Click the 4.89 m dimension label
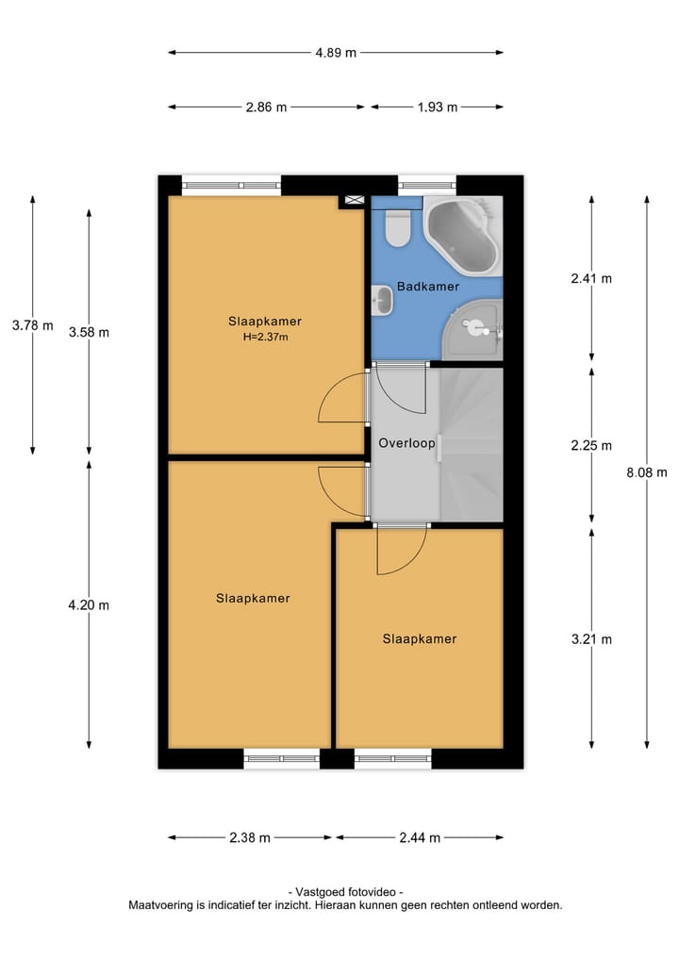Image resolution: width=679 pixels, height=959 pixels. pyautogui.click(x=336, y=53)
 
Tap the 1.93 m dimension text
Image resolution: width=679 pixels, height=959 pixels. pyautogui.click(x=437, y=107)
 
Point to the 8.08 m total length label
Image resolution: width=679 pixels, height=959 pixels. pyautogui.click(x=646, y=473)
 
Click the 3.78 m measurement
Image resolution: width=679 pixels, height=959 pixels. pyautogui.click(x=32, y=325)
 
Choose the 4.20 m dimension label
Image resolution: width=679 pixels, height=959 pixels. pyautogui.click(x=90, y=605)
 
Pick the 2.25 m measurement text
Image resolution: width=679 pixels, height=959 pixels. pyautogui.click(x=591, y=446)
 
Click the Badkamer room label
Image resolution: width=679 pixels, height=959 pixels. pyautogui.click(x=427, y=286)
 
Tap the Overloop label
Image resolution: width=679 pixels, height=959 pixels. pyautogui.click(x=406, y=442)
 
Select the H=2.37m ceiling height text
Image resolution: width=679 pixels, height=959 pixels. pyautogui.click(x=265, y=337)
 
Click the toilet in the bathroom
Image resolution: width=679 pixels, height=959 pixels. pyautogui.click(x=398, y=227)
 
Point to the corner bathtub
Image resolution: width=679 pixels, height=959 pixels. pyautogui.click(x=462, y=233)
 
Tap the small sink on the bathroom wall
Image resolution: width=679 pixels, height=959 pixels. pyautogui.click(x=381, y=301)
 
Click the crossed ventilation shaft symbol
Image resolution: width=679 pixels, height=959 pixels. pyautogui.click(x=355, y=200)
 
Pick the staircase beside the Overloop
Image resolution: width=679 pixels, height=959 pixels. pyautogui.click(x=471, y=443)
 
